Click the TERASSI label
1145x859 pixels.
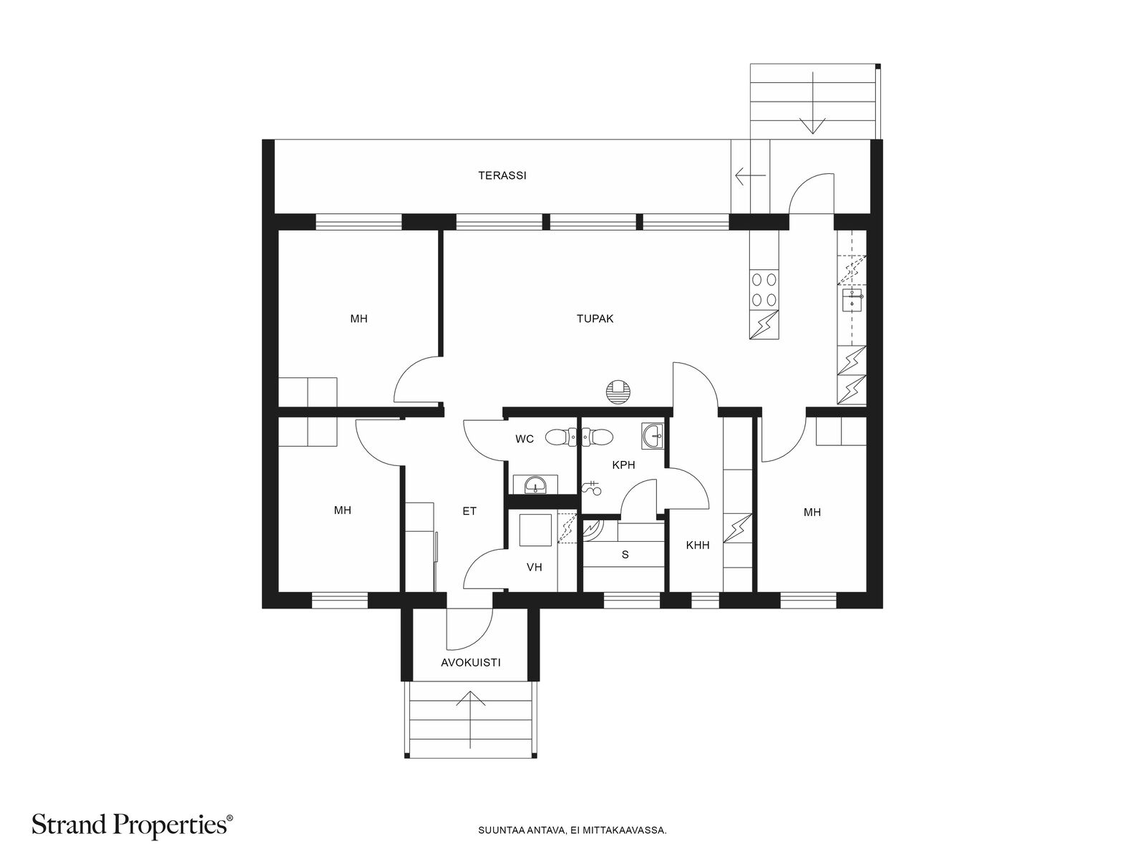click(502, 176)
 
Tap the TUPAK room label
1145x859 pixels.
click(595, 319)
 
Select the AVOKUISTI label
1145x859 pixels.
click(470, 663)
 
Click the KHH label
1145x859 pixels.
click(698, 545)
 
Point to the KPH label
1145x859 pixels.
click(623, 465)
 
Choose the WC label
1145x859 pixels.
click(525, 439)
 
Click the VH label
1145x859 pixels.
click(534, 567)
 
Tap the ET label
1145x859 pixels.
click(469, 511)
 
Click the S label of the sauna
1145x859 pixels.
click(625, 555)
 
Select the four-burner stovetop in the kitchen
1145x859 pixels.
click(764, 290)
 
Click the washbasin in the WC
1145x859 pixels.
click(535, 485)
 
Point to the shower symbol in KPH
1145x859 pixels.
click(592, 487)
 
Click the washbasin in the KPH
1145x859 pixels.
click(653, 436)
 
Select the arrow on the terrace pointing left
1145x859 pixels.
click(750, 176)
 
